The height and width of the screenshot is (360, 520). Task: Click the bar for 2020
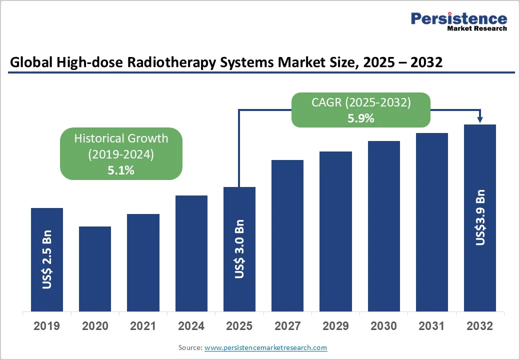[95, 269]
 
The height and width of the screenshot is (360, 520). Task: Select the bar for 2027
[287, 235]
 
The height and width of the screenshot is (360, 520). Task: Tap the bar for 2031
[431, 222]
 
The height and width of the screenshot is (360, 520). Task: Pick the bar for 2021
[143, 262]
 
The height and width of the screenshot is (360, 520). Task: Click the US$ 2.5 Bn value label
[46, 259]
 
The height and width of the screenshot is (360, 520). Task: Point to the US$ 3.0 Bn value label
[239, 249]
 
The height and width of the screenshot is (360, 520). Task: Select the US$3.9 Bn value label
[480, 217]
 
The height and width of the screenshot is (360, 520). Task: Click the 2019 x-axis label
[46, 326]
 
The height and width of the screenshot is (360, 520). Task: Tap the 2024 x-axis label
[191, 326]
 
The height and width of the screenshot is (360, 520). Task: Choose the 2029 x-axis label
[335, 326]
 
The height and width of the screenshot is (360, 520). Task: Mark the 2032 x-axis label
[480, 326]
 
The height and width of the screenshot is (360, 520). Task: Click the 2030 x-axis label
[383, 326]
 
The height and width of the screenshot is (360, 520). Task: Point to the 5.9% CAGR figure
[360, 119]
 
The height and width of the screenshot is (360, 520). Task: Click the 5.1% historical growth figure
[121, 170]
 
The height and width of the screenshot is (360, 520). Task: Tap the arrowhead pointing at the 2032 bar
[480, 119]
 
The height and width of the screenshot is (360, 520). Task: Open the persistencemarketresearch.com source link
[265, 347]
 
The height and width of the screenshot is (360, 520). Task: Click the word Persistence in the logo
[458, 18]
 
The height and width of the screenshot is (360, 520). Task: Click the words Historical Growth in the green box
[121, 138]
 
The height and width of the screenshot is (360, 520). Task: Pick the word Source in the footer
[190, 347]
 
